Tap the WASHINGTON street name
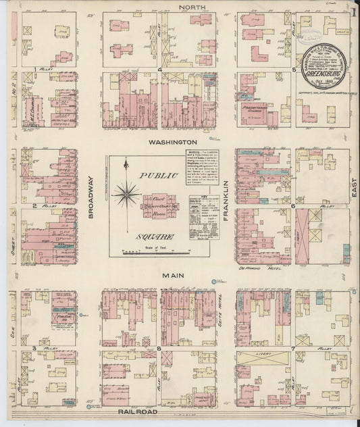[x=173, y=143]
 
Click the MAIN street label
[x=170, y=276]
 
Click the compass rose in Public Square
[x=126, y=195]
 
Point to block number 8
[x=159, y=349]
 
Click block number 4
[x=159, y=69]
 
